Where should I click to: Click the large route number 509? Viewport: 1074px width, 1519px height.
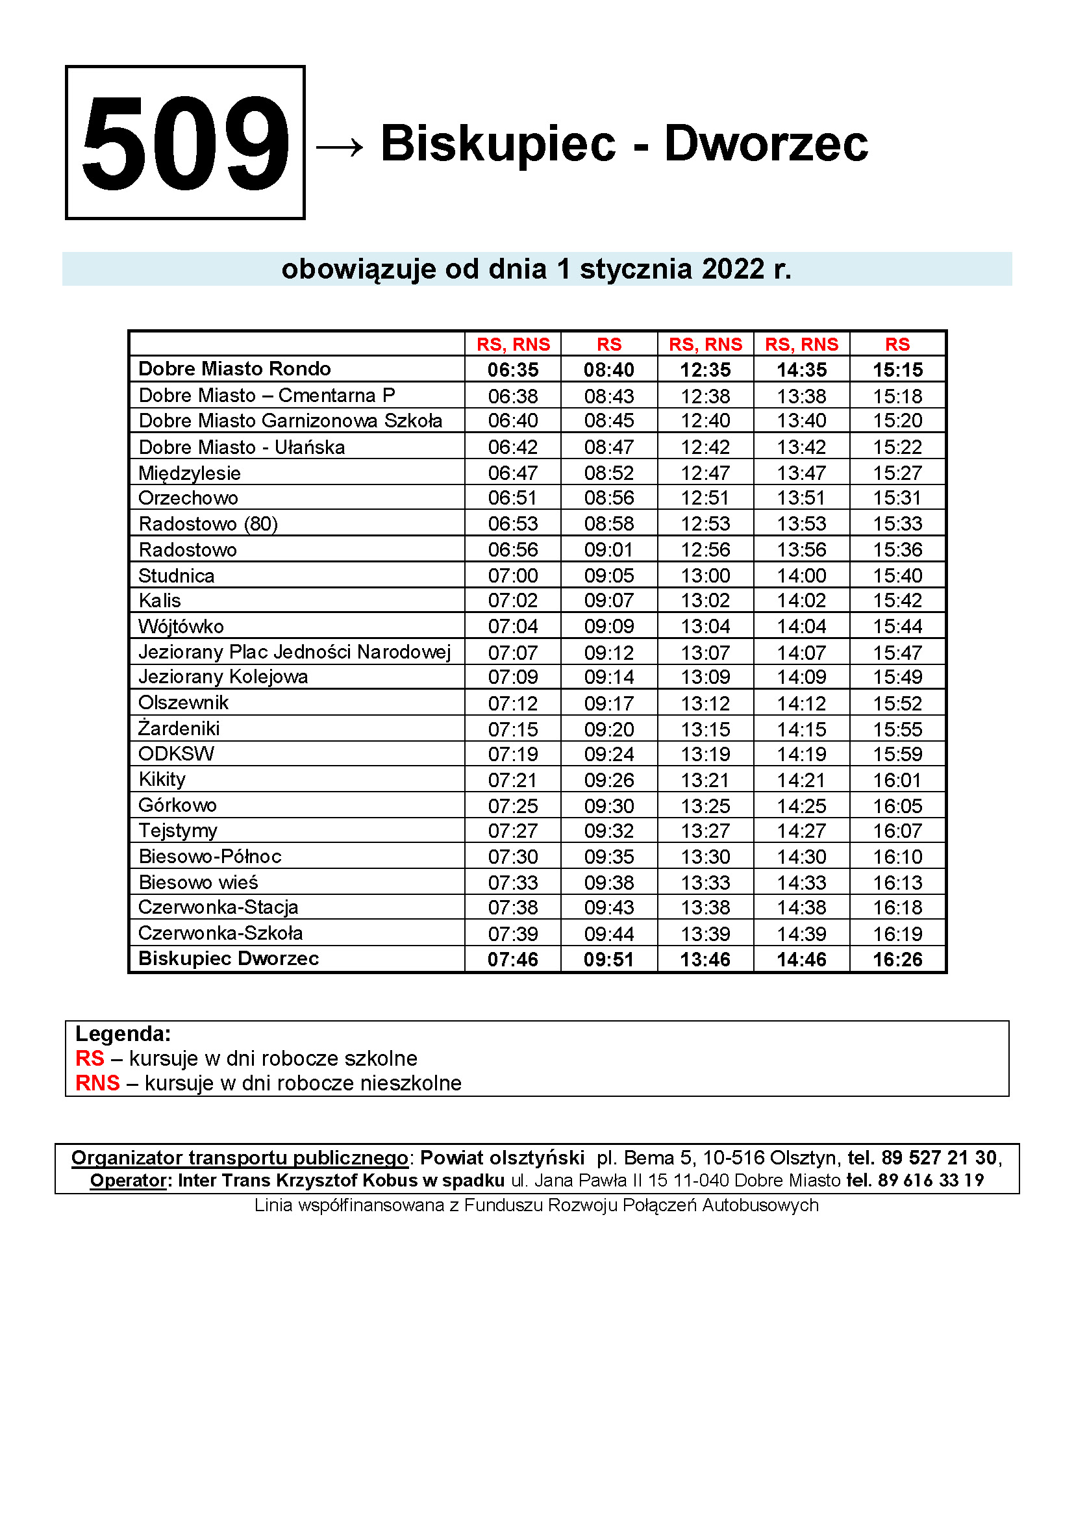[x=185, y=142]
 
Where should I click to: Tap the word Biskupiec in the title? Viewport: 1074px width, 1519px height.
[x=498, y=144]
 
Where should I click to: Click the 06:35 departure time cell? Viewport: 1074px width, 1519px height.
[x=512, y=369]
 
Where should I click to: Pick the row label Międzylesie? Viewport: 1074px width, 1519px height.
[x=189, y=473]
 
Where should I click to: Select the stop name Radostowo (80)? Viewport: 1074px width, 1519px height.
[x=208, y=524]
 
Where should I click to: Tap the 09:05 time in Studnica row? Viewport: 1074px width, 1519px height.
[x=608, y=575]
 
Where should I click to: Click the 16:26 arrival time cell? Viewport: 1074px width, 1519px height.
[x=897, y=959]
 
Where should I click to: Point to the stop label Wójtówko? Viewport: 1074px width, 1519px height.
[x=181, y=627]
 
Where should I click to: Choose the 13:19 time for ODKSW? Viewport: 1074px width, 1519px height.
[x=705, y=754]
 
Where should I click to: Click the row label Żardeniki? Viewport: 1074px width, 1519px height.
[x=179, y=729]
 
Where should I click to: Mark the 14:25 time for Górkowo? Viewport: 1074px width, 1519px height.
[x=801, y=806]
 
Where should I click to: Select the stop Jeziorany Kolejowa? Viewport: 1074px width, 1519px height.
[x=223, y=677]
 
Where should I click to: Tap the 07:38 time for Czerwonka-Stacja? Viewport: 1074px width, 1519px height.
[x=512, y=908]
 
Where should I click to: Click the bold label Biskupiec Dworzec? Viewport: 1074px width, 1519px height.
[x=228, y=959]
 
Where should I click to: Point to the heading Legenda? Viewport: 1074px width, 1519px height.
[x=123, y=1033]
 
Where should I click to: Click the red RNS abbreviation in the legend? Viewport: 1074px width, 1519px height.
[x=97, y=1083]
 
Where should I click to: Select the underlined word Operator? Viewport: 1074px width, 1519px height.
[x=129, y=1180]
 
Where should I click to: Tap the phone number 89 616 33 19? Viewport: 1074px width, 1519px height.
[x=930, y=1180]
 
